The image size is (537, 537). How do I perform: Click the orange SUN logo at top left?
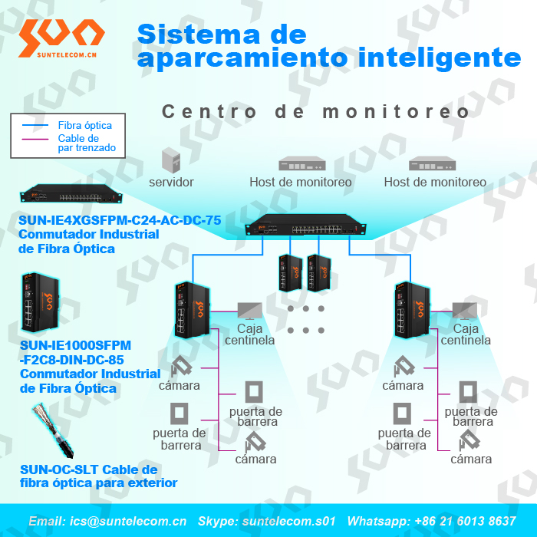click(x=61, y=38)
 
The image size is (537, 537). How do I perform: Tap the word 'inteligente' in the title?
click(x=440, y=58)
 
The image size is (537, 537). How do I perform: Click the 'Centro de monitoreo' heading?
click(x=315, y=112)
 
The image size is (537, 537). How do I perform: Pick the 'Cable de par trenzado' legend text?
click(x=87, y=143)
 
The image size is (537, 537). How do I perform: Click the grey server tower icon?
click(x=171, y=160)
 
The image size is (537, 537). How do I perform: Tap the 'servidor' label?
click(x=171, y=183)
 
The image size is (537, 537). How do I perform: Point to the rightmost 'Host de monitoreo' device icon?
click(x=432, y=163)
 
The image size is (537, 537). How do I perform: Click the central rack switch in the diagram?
click(x=305, y=225)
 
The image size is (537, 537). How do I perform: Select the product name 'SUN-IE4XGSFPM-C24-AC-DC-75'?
click(x=120, y=220)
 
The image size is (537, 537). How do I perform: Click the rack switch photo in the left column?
click(x=71, y=193)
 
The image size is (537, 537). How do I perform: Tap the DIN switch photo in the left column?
click(x=41, y=302)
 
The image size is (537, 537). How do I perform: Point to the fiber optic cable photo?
click(x=53, y=430)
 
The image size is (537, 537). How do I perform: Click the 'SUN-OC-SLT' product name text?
click(x=60, y=469)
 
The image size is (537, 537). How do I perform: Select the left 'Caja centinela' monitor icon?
click(x=249, y=311)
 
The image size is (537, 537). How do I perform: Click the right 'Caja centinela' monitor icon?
click(x=464, y=311)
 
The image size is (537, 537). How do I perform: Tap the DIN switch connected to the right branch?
click(x=413, y=310)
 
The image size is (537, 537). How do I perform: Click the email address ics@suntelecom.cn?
click(x=128, y=521)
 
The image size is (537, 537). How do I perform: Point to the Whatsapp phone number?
click(x=465, y=521)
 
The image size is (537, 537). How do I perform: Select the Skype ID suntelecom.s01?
click(x=288, y=521)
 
